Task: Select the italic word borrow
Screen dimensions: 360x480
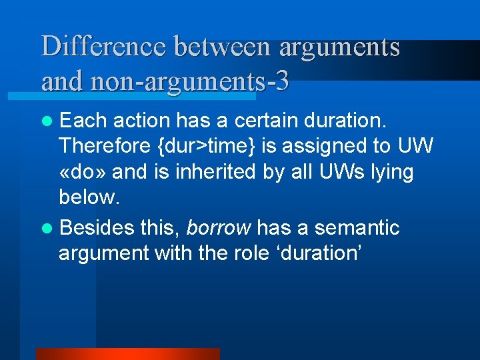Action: click(219, 228)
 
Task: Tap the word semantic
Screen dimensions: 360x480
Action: click(357, 228)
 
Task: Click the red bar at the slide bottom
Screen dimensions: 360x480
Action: click(127, 354)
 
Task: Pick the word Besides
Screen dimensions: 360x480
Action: click(97, 228)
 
